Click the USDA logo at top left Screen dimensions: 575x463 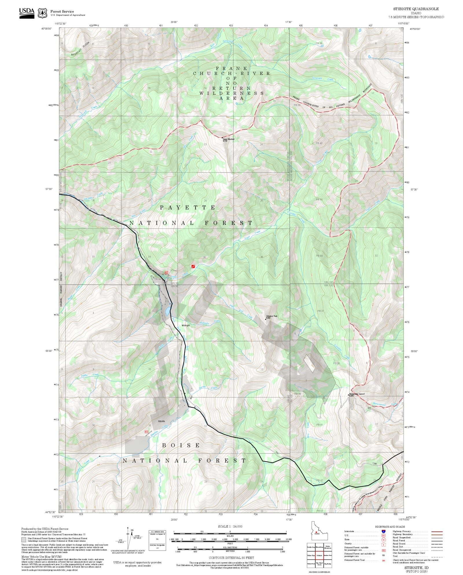point(27,13)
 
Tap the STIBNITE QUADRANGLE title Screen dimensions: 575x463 point(416,9)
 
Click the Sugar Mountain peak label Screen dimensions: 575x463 point(228,140)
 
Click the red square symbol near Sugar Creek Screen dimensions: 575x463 point(193,266)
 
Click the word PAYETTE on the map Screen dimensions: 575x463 point(188,208)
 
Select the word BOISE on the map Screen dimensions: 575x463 point(181,445)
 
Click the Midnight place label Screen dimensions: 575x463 point(186,325)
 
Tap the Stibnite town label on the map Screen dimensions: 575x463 point(161,421)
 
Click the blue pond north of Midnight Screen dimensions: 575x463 point(168,311)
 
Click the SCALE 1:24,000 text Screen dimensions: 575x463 point(230,526)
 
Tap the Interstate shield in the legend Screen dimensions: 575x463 point(383,532)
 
